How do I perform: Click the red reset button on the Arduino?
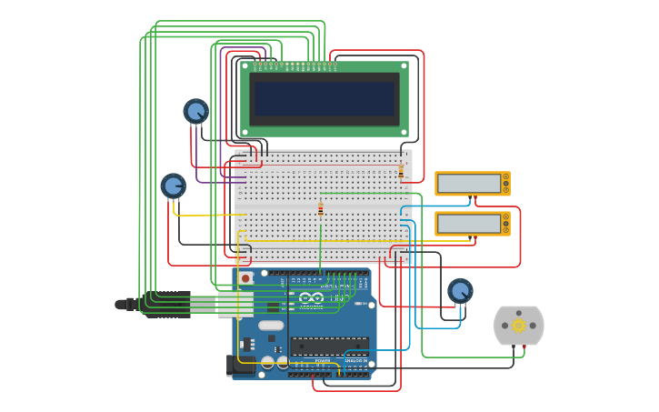pos(245,277)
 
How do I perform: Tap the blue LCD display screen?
pos(325,98)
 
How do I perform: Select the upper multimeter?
pos(472,183)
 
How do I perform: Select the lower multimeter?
pos(472,223)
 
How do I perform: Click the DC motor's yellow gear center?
pos(518,325)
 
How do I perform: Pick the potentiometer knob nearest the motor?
pos(461,291)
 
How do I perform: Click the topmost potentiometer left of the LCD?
pos(195,111)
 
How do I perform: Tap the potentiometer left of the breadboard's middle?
pos(173,186)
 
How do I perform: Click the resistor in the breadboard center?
pos(320,208)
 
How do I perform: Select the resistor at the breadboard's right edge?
pos(401,170)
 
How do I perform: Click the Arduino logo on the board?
pos(311,297)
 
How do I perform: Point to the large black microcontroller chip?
pos(329,345)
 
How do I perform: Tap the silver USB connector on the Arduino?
pos(235,303)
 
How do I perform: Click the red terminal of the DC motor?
pos(524,347)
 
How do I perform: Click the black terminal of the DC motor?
pos(514,347)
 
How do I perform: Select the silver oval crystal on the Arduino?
pos(271,325)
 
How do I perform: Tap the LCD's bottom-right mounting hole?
pos(404,132)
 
